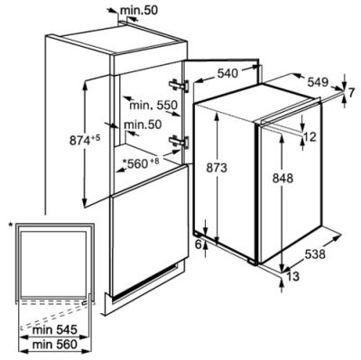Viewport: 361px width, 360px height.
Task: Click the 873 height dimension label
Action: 217,168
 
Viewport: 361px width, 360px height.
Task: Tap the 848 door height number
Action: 282,179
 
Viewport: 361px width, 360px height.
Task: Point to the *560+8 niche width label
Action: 141,163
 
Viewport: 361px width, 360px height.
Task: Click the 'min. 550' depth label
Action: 153,106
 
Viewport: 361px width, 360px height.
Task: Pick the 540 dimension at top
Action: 227,73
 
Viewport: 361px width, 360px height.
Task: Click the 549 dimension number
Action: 318,82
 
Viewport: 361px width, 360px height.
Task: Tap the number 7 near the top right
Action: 352,93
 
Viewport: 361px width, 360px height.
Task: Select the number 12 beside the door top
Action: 310,137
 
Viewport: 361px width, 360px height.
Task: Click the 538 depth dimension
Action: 315,254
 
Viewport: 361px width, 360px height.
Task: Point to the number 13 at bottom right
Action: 293,276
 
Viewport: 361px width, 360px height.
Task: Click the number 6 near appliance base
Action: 199,245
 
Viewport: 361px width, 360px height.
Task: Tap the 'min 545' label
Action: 55,330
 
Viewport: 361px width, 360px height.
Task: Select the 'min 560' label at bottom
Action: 55,345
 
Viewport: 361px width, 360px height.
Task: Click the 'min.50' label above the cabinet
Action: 139,11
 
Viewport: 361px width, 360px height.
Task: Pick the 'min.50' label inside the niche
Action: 143,125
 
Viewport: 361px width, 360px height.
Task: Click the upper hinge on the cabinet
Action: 179,86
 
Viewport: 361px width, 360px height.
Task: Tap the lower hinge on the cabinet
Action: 179,142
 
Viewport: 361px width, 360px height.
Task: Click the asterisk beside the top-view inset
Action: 11,225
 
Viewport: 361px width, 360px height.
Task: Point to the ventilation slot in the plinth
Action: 144,282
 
